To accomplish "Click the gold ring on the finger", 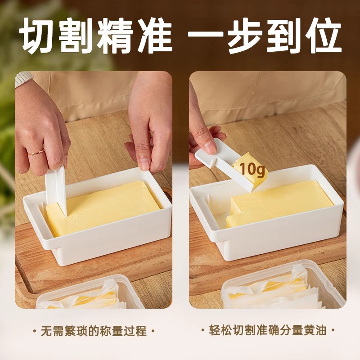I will click(36, 152).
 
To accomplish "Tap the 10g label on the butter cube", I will click(249, 170).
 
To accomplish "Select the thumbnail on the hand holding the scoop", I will click(209, 145).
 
